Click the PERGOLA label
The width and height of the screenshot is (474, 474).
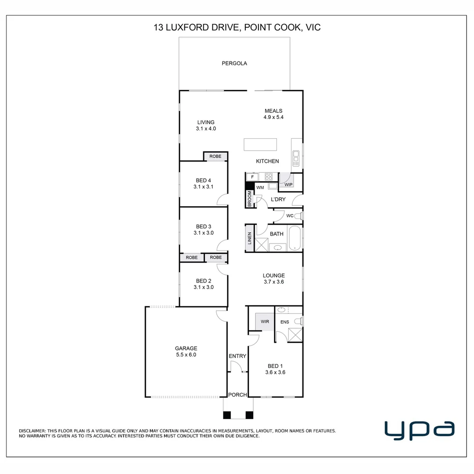(x=234, y=63)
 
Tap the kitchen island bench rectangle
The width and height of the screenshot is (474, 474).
(x=260, y=144)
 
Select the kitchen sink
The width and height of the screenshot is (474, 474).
(x=296, y=158)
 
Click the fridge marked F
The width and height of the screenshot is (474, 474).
(x=252, y=177)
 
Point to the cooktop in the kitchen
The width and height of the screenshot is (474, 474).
(x=269, y=176)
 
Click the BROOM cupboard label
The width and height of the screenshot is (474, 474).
(x=250, y=199)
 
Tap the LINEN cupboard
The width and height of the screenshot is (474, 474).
(x=249, y=238)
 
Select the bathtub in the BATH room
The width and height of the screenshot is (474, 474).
(x=295, y=238)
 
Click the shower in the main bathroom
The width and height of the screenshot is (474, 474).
(x=262, y=244)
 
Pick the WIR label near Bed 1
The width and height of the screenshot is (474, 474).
(x=265, y=322)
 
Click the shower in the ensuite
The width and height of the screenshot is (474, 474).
(x=295, y=334)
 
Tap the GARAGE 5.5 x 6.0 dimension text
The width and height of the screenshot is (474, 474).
(x=186, y=355)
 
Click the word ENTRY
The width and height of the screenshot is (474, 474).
(x=237, y=356)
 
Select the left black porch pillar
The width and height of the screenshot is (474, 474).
(x=227, y=415)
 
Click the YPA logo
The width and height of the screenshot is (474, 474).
(x=419, y=430)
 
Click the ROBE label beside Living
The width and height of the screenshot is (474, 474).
(x=215, y=156)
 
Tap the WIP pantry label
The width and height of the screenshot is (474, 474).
(x=288, y=184)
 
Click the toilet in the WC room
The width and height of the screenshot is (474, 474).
(x=299, y=216)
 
